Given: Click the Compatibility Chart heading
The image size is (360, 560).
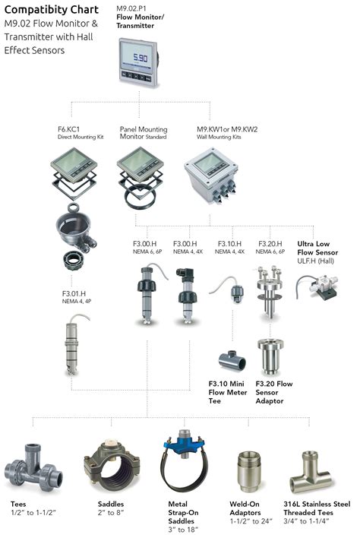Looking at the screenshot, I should [x=52, y=10].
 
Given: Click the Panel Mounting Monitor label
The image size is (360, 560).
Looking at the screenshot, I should [x=144, y=133].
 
